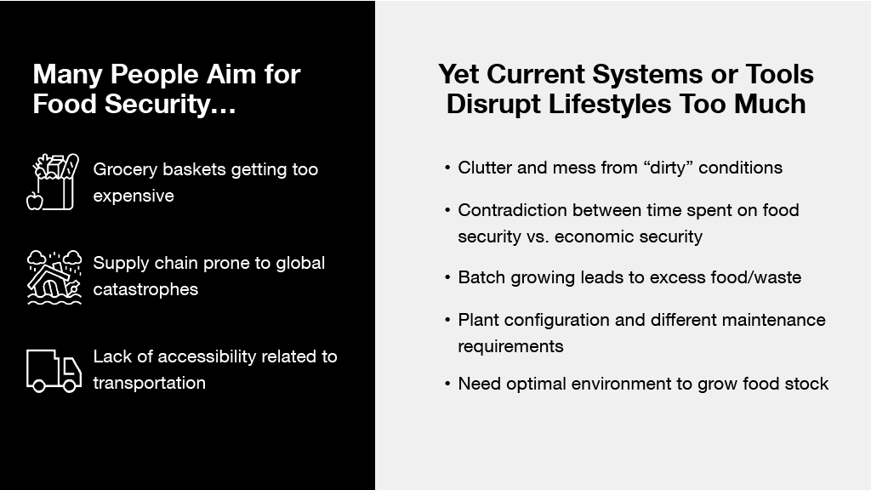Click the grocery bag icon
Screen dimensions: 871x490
click(x=54, y=182)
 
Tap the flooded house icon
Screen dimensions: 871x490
click(x=54, y=277)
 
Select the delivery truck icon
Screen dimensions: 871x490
click(x=54, y=371)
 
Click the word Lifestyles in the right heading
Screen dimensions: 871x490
click(x=609, y=104)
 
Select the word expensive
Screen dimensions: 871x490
click(x=134, y=197)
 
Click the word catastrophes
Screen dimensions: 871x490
click(x=145, y=289)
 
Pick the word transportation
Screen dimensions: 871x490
click(x=150, y=383)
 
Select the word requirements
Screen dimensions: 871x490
click(x=510, y=347)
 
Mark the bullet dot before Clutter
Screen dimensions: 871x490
click(x=447, y=168)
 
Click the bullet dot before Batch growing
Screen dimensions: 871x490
click(x=447, y=277)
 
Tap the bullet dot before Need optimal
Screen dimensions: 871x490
click(x=447, y=384)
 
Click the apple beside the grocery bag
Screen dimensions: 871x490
click(x=34, y=201)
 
